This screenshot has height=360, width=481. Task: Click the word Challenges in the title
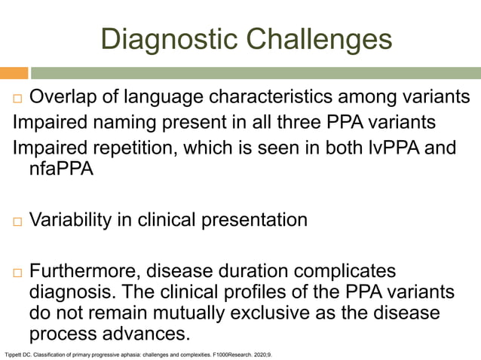click(x=310, y=38)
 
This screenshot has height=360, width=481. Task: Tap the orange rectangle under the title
click(x=14, y=73)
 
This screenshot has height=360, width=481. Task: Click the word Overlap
click(x=66, y=97)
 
